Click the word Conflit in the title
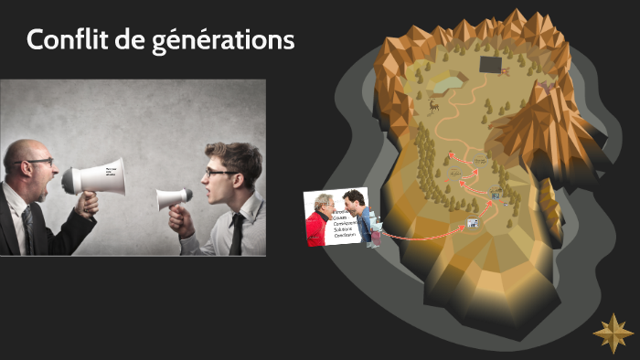point(63,41)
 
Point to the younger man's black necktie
point(236,234)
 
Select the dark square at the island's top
point(491,65)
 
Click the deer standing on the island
point(433,104)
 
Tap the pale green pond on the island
point(445,83)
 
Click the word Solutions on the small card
point(347,228)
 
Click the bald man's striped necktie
point(30,225)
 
